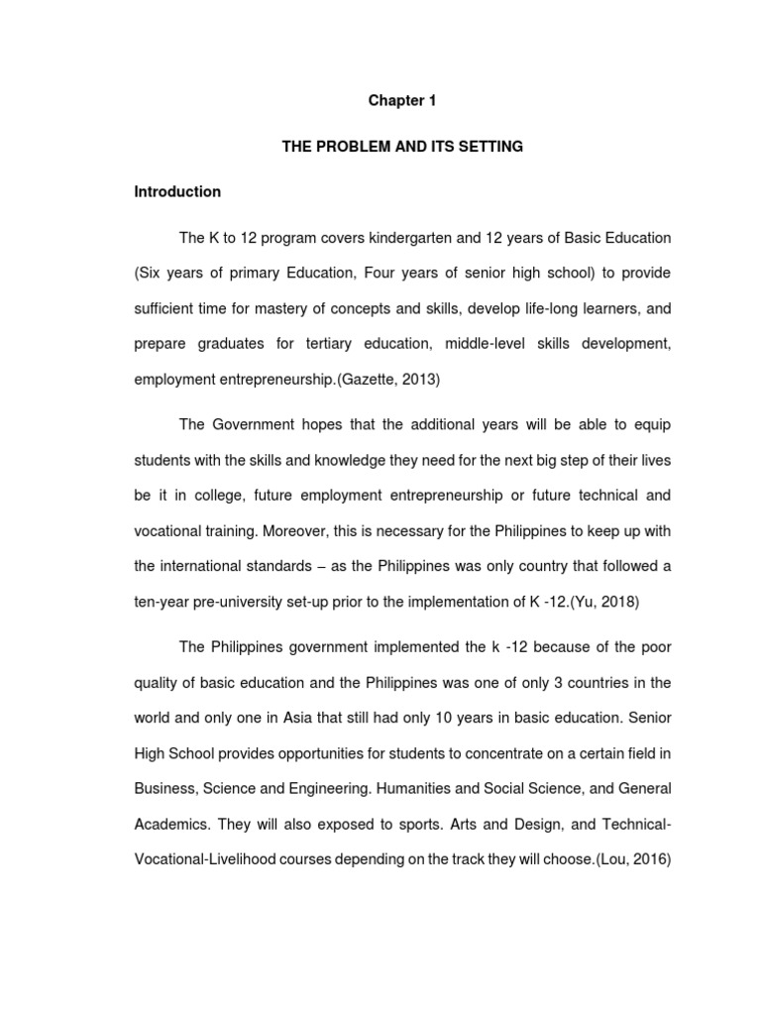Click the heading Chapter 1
402,101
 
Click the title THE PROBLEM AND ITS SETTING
402,147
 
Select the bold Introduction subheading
177,191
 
